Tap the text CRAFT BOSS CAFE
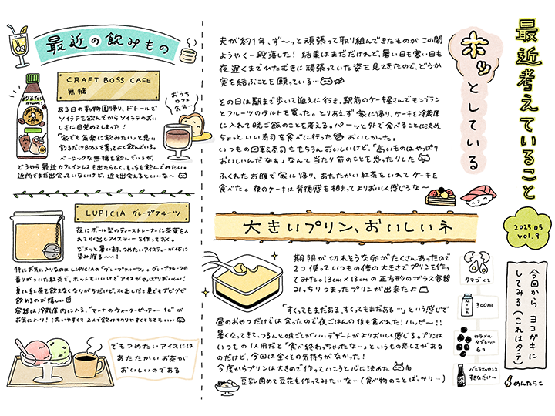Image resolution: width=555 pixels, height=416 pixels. coord(108,79)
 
